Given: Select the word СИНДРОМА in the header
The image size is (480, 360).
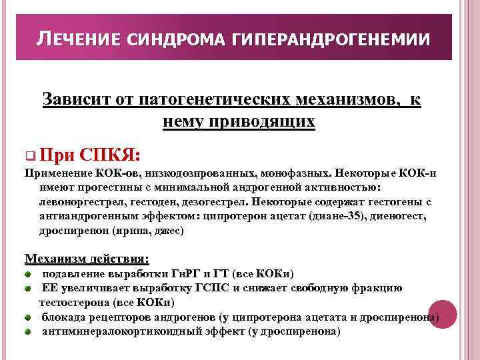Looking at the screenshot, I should (175, 41).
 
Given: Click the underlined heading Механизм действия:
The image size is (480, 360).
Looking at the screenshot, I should (87, 258).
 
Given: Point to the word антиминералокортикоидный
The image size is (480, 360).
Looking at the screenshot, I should (127, 331).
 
